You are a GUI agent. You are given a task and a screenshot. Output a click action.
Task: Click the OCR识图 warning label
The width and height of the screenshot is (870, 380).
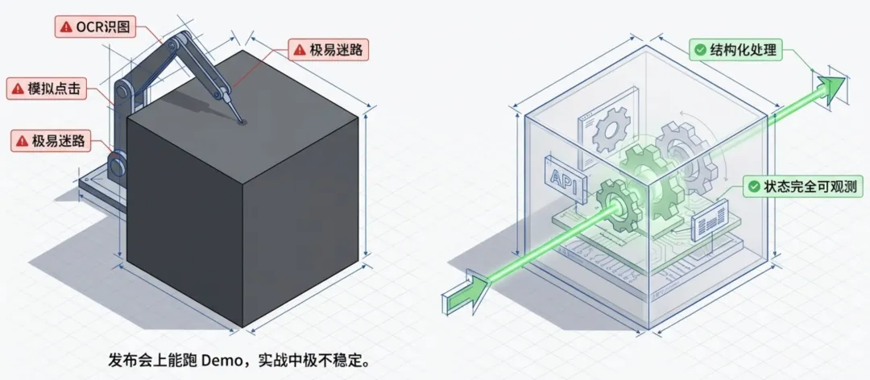[94, 27]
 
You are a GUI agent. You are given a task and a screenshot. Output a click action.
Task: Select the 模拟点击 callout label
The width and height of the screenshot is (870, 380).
[48, 89]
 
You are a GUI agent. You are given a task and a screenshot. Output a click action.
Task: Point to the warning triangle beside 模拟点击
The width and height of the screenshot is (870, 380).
[17, 89]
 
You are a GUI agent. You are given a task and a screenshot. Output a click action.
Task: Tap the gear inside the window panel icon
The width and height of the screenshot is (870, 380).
[609, 134]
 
